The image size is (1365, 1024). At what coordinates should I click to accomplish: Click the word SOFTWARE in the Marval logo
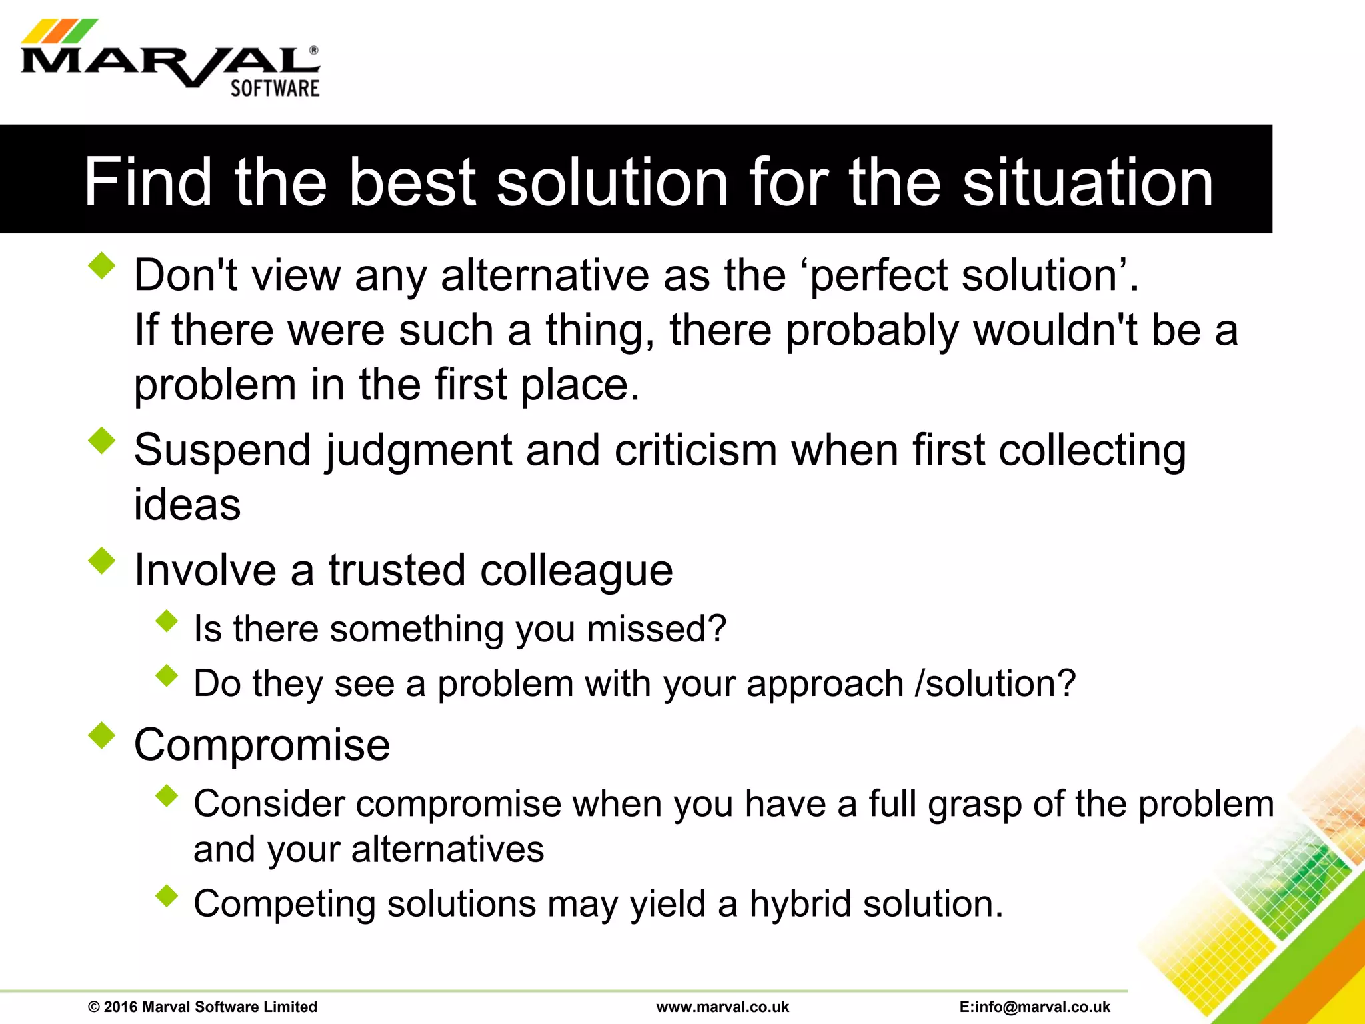[275, 88]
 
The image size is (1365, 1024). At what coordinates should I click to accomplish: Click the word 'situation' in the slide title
[1088, 182]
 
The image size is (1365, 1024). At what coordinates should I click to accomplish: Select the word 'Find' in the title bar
[148, 182]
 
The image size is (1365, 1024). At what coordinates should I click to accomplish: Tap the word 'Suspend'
[223, 450]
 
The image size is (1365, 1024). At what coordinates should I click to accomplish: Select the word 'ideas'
[187, 505]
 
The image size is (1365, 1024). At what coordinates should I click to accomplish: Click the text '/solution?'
[996, 683]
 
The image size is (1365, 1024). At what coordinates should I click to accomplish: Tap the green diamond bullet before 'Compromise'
[101, 735]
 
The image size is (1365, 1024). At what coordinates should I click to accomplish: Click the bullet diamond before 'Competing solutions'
[167, 896]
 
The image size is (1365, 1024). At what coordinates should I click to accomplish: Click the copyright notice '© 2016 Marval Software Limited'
[203, 1007]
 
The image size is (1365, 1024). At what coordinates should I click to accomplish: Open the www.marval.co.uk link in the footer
[722, 1007]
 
